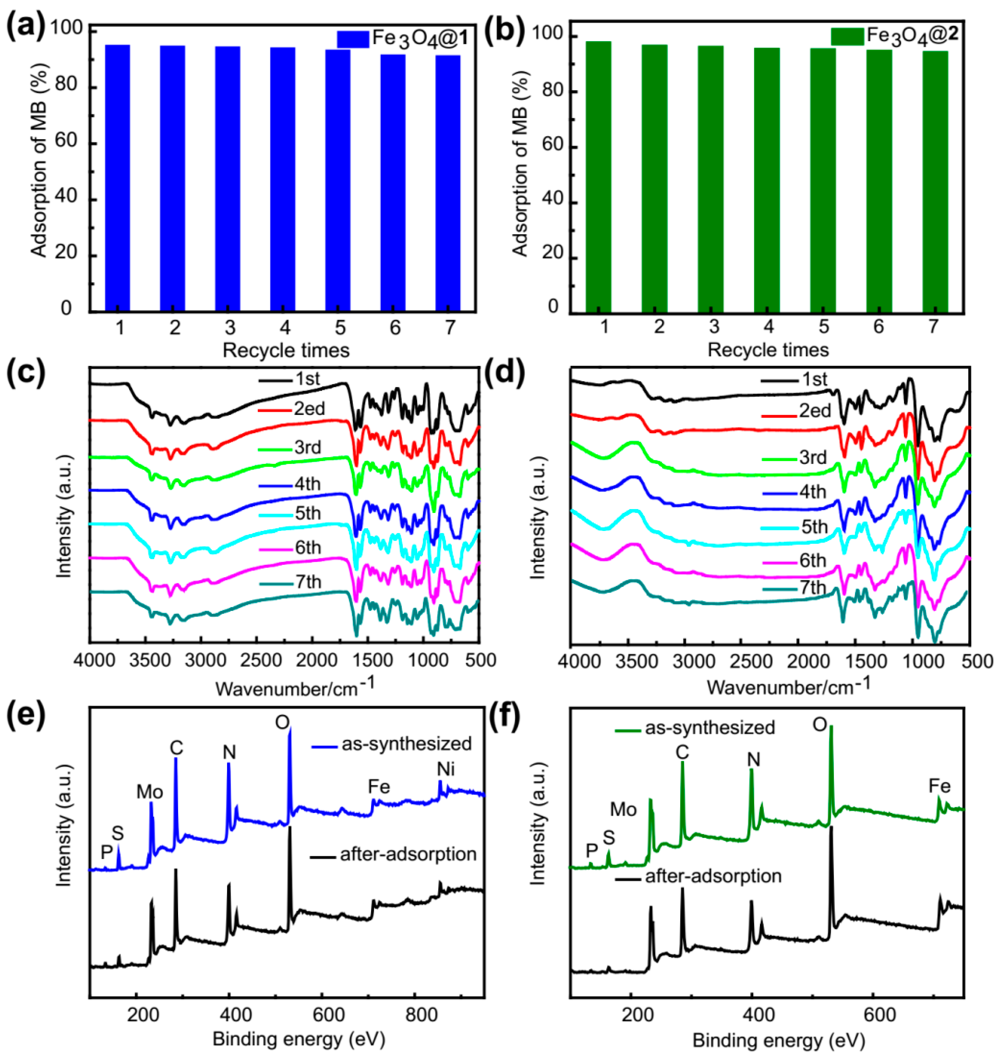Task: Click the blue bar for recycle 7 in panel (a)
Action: point(448,183)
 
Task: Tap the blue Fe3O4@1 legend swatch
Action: point(353,39)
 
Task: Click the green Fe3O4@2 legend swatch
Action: point(847,36)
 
